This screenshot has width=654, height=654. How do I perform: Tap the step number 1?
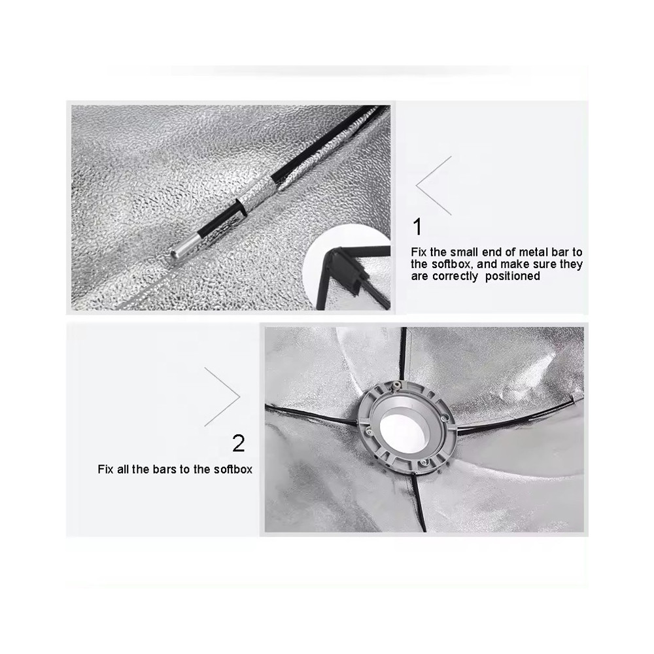[417, 228]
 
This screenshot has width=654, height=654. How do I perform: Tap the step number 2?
[238, 444]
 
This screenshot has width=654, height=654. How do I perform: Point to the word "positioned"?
[513, 277]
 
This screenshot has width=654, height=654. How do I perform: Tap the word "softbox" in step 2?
[233, 470]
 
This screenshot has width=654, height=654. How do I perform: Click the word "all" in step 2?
[123, 470]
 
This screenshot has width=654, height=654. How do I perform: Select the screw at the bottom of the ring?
[422, 462]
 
